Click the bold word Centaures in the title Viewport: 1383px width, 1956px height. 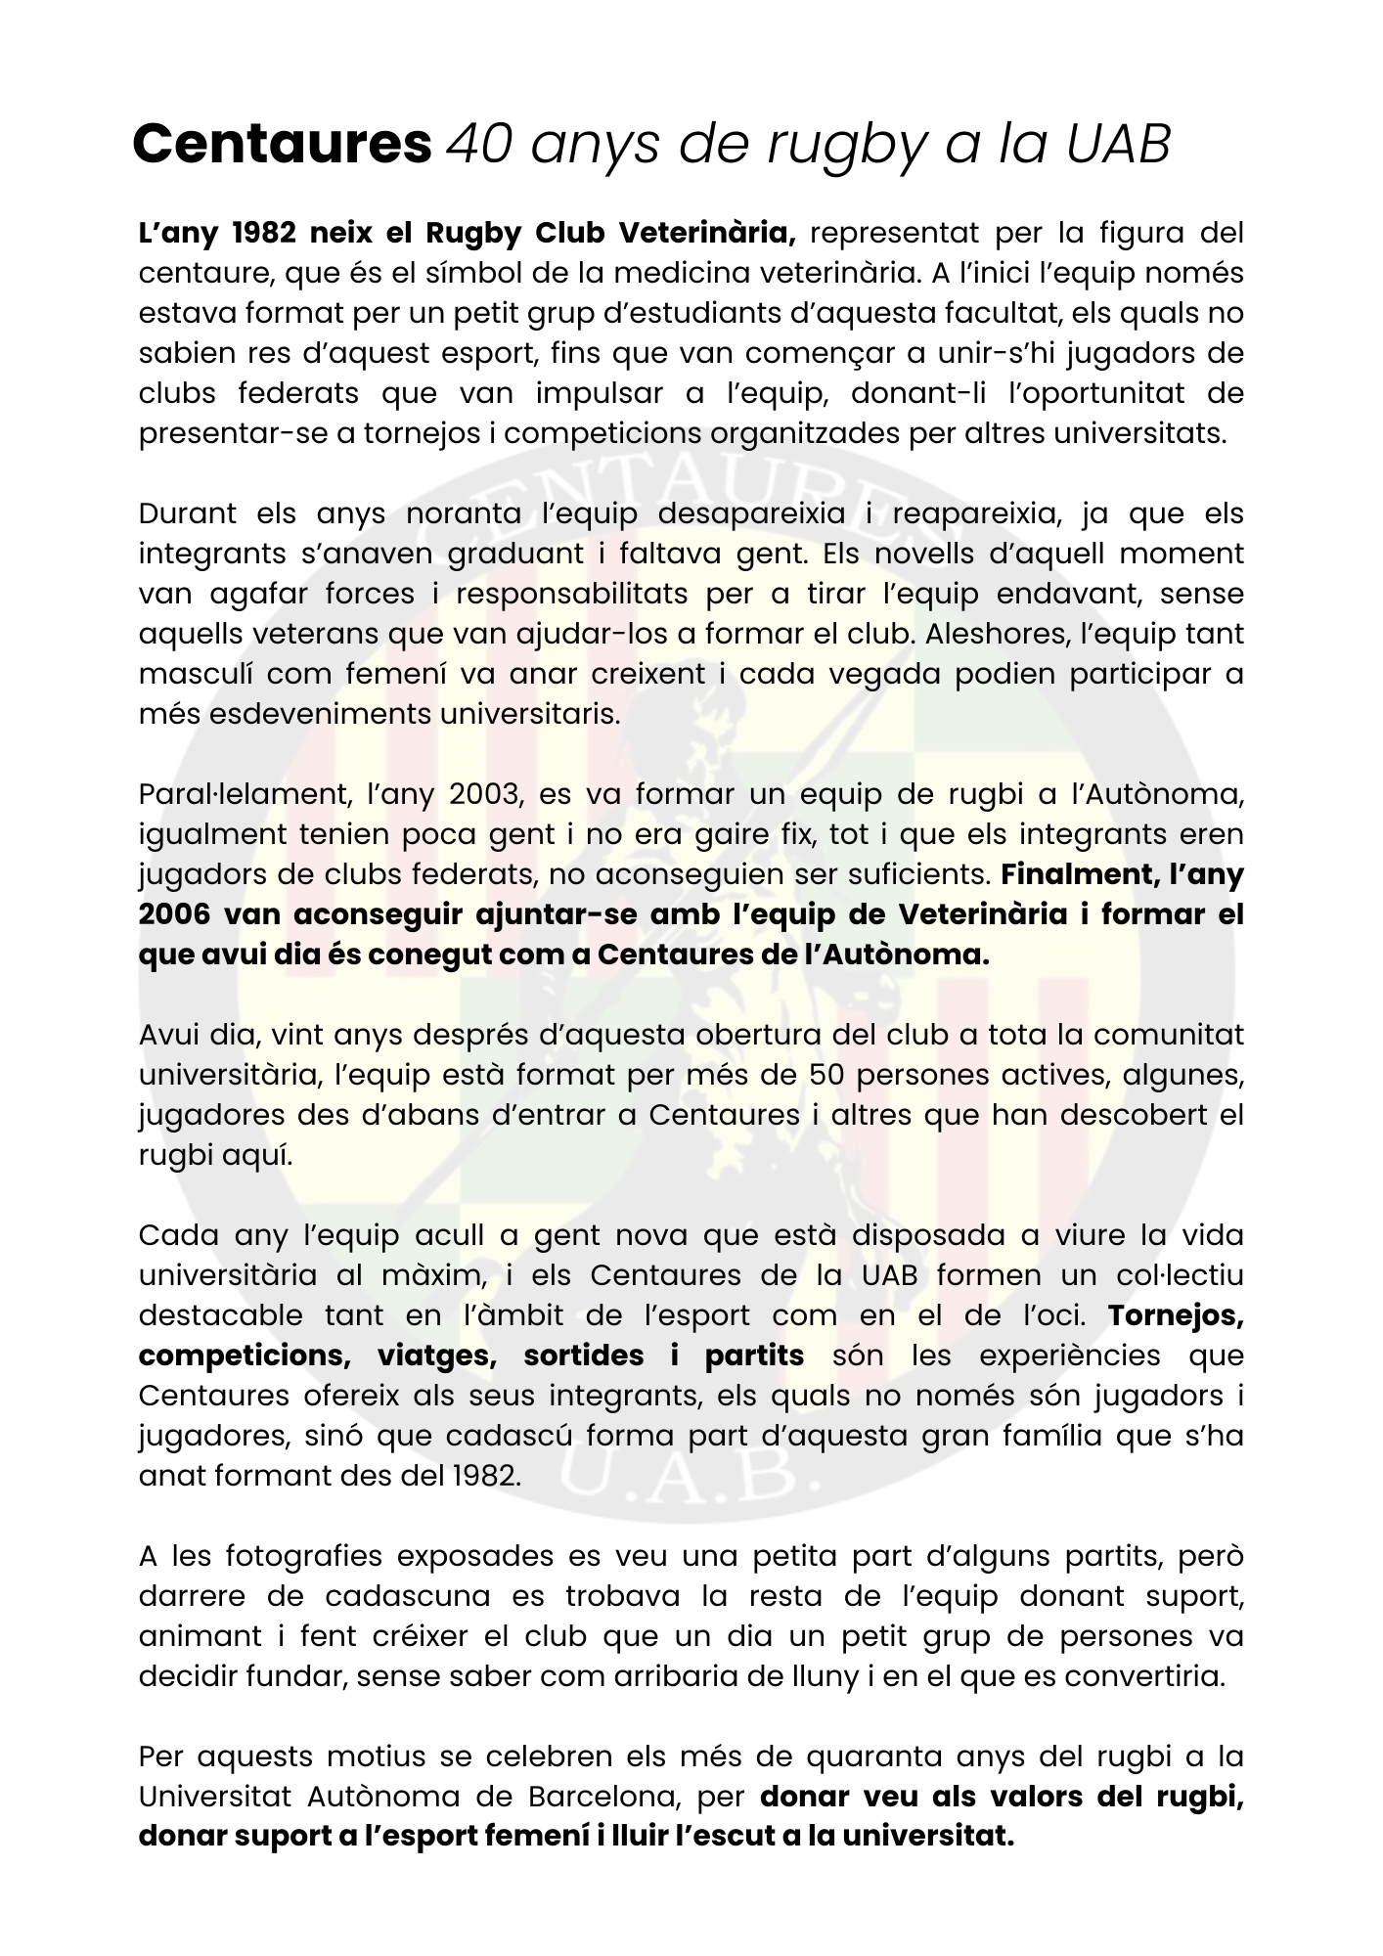tap(282, 145)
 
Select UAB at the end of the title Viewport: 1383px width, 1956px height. tap(1117, 145)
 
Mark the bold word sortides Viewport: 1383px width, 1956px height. tap(584, 1356)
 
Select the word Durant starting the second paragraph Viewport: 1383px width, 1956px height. tap(188, 513)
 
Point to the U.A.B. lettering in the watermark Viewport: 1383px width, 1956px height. tap(691, 1488)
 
